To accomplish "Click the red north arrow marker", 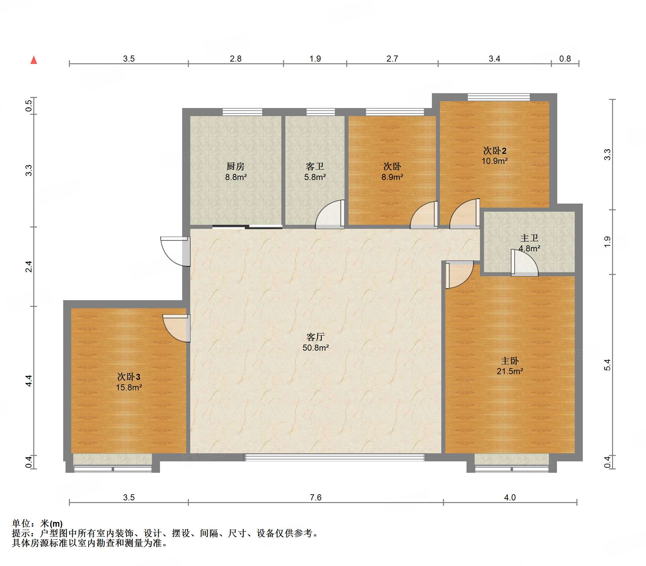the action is tap(34, 60).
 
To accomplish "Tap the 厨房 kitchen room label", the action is tap(235, 166).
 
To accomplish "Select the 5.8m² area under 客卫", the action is tap(315, 177).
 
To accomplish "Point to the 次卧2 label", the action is tap(495, 150).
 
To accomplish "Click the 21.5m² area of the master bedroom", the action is tap(510, 371).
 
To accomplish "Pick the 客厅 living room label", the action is tap(315, 337).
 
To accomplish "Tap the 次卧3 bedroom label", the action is tap(129, 377).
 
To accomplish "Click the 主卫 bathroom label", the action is tap(529, 238).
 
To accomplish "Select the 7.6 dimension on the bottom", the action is tap(316, 497).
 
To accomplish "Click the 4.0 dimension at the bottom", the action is tap(510, 497).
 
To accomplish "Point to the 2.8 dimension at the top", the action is tap(236, 59).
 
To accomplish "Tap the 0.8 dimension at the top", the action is tap(565, 59).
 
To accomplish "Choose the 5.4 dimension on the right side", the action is tap(607, 365).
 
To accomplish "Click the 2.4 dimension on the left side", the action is tap(29, 267).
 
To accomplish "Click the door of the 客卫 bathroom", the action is tap(330, 214).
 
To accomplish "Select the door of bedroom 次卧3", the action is tap(176, 328).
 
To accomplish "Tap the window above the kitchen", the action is tap(242, 112).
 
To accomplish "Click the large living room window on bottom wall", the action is tap(334, 457).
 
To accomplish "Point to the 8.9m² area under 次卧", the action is tap(392, 177).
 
